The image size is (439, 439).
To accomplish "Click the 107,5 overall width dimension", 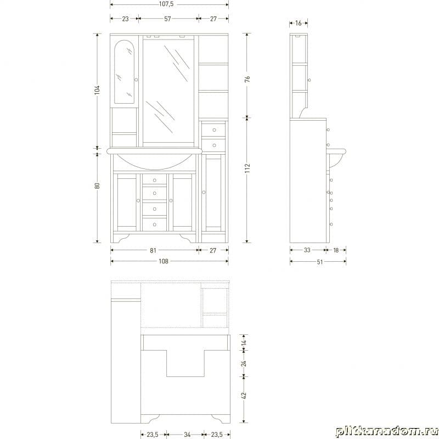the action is point(166,4).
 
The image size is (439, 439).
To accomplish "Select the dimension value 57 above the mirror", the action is point(167,19).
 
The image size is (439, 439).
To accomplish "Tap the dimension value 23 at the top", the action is point(125,19).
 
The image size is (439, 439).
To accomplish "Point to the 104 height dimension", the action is point(97,89).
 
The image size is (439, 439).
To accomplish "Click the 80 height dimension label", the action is point(97,185).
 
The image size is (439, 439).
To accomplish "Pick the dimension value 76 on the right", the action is point(247,79).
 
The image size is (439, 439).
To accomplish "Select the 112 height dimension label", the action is point(247,168).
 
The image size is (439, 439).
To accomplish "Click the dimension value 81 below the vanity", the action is point(153,250).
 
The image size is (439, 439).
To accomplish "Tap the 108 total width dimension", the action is point(164,262).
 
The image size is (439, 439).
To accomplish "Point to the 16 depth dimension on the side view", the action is point(299,23).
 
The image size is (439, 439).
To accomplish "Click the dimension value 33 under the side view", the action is point(307,250).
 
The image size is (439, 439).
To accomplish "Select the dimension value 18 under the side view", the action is point(336,250).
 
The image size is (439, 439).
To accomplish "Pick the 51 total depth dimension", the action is point(320,262).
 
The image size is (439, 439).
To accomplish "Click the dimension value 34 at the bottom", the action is point(187,435).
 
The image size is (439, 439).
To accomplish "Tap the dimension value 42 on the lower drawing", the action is point(244,396).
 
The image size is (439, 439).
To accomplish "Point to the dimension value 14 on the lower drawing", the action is point(244,342).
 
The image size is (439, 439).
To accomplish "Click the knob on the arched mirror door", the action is point(136,80).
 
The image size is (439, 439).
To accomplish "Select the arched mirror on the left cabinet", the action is point(125,72).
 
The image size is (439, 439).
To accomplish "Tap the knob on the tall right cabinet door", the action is point(204,193).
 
